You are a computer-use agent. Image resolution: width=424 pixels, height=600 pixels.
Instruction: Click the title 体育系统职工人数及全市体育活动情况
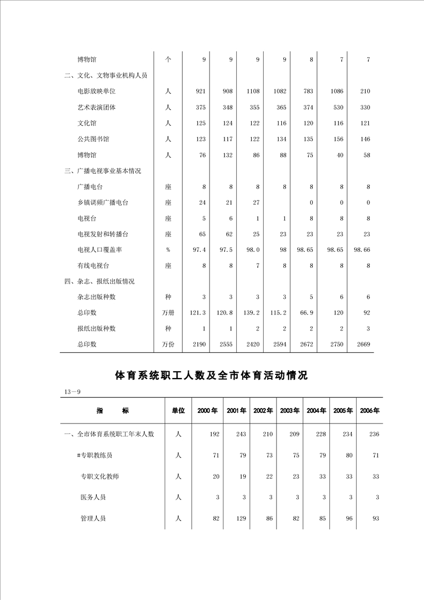pyautogui.click(x=212, y=375)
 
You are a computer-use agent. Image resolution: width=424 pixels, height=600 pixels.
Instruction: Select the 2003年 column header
pyautogui.click(x=289, y=411)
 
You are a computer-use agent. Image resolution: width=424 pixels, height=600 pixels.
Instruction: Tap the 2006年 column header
pyautogui.click(x=369, y=411)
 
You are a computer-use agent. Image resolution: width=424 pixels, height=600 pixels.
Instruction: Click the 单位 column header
pyautogui.click(x=178, y=411)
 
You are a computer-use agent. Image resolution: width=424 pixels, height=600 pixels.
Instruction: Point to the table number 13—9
pyautogui.click(x=72, y=393)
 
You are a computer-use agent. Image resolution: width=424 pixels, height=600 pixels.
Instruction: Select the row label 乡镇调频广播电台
pyautogui.click(x=103, y=203)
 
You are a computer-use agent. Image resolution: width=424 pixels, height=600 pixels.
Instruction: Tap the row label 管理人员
pyautogui.click(x=93, y=518)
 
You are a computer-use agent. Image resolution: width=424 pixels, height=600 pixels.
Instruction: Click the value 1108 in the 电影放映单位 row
pyautogui.click(x=253, y=91)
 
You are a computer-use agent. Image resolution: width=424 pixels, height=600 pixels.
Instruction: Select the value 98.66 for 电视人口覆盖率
pyautogui.click(x=361, y=250)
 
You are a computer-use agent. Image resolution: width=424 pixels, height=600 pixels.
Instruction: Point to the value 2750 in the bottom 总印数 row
pyautogui.click(x=336, y=344)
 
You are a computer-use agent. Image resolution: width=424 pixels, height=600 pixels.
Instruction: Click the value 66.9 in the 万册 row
pyautogui.click(x=307, y=313)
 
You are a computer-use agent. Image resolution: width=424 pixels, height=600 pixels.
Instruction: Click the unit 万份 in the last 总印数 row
pyautogui.click(x=168, y=344)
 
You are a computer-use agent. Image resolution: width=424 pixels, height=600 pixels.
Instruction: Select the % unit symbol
pyautogui.click(x=168, y=250)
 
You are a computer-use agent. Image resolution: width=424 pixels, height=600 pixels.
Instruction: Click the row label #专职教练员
pyautogui.click(x=95, y=455)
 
